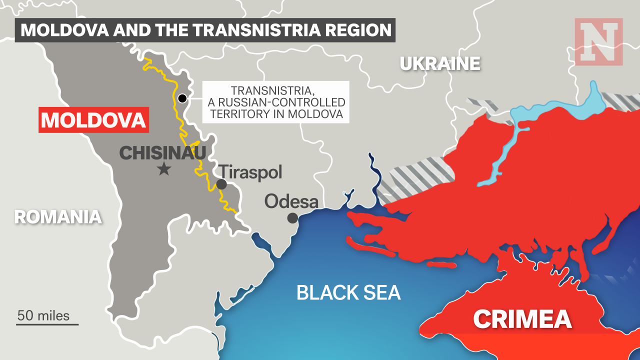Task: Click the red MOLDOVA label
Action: (93, 120)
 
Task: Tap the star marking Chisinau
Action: (163, 169)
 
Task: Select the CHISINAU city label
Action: (162, 153)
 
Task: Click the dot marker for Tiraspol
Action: (221, 184)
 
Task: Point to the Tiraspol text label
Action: (251, 172)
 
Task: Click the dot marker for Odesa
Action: (292, 218)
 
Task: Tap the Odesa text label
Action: (291, 201)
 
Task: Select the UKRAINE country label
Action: (439, 63)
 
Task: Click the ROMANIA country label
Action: (57, 217)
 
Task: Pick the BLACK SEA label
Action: (348, 292)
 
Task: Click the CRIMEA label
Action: (522, 319)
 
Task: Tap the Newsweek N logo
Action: (598, 41)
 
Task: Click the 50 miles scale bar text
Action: (43, 316)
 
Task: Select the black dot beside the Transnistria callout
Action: (182, 98)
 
